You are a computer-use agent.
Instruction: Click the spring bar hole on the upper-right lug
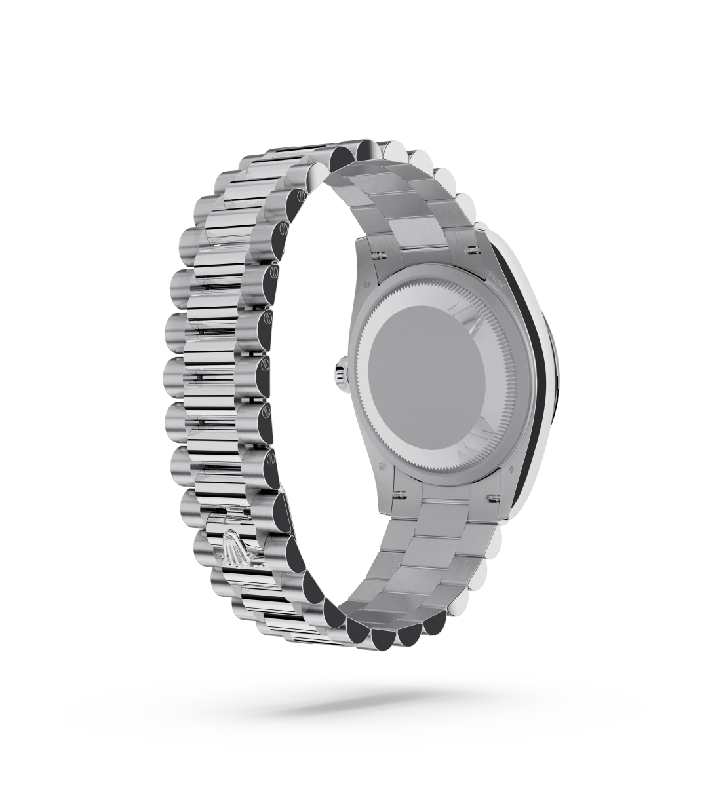pyautogui.click(x=471, y=248)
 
